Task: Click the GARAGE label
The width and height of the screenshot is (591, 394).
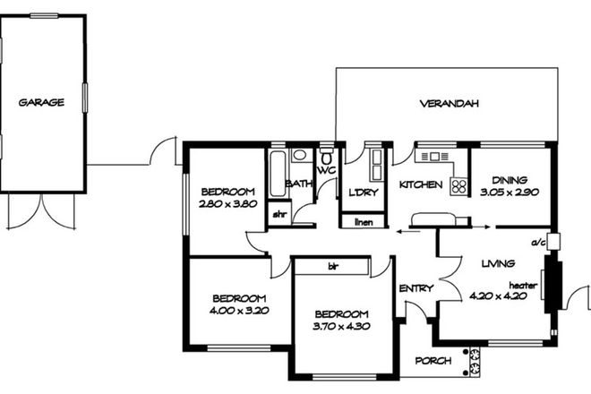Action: [41, 102]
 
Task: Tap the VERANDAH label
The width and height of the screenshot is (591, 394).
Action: [450, 104]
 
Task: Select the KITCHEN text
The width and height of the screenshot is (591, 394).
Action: [421, 184]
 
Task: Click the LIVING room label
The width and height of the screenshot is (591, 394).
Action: [498, 263]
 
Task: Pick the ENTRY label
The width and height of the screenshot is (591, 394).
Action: [416, 288]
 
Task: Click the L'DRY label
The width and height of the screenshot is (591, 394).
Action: [364, 192]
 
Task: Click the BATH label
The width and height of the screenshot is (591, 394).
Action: [298, 184]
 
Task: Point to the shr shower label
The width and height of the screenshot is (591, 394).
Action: [278, 214]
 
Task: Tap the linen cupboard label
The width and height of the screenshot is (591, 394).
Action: [363, 221]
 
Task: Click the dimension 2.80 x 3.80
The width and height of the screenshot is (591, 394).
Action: [228, 203]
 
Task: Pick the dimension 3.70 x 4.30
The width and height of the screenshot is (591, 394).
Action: [341, 326]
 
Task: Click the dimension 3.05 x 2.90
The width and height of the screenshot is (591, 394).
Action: [510, 192]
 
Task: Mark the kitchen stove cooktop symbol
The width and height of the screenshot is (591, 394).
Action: [458, 186]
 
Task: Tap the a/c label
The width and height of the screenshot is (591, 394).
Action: [540, 242]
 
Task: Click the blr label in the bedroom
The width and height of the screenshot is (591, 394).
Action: [332, 266]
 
